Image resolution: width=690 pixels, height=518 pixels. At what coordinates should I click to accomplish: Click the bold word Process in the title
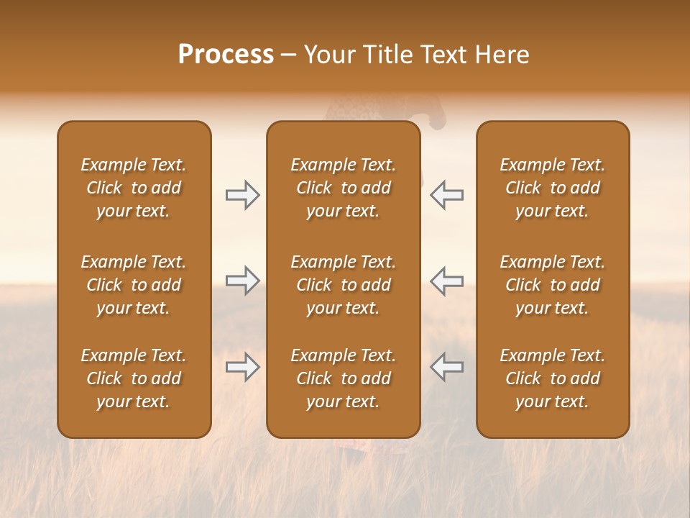[x=226, y=54]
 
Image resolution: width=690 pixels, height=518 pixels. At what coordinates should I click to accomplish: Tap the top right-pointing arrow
[x=243, y=195]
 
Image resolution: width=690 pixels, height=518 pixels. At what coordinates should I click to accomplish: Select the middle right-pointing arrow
[x=243, y=281]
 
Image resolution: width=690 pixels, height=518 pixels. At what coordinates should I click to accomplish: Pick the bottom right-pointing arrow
[x=243, y=368]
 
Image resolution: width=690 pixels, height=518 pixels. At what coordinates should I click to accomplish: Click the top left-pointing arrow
[x=446, y=195]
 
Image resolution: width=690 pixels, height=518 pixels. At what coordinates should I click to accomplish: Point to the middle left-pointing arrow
[x=446, y=281]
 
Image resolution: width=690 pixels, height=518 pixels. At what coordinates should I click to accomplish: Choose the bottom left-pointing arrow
[x=446, y=368]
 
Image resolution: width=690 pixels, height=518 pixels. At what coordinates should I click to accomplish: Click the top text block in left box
[x=134, y=188]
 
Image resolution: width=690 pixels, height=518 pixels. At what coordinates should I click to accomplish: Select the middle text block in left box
[x=134, y=285]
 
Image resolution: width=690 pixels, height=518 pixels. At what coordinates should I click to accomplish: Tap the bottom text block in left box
[x=134, y=378]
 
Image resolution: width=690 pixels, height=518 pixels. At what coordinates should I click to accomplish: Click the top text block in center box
[x=343, y=188]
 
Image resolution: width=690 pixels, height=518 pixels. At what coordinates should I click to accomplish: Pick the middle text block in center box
[x=343, y=285]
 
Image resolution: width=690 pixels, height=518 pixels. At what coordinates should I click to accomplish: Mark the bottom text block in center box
[x=343, y=378]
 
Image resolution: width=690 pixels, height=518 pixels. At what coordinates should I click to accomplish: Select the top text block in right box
[x=552, y=188]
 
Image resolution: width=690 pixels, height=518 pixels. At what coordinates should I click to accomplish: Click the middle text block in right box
[x=552, y=285]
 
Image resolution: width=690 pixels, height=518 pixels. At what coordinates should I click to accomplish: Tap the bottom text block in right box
[x=552, y=378]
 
